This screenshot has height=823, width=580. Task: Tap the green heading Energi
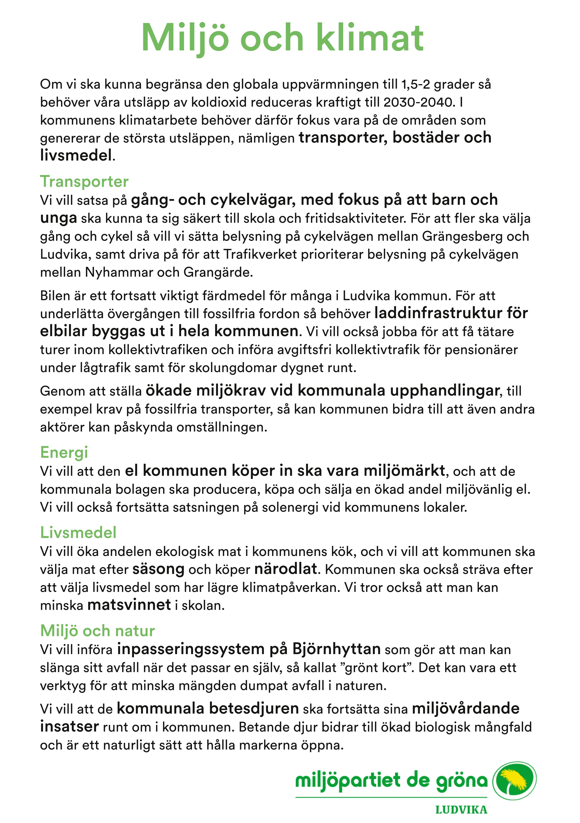tap(64, 452)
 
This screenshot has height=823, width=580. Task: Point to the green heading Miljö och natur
tap(98, 631)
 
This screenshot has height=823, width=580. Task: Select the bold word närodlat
tap(286, 569)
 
